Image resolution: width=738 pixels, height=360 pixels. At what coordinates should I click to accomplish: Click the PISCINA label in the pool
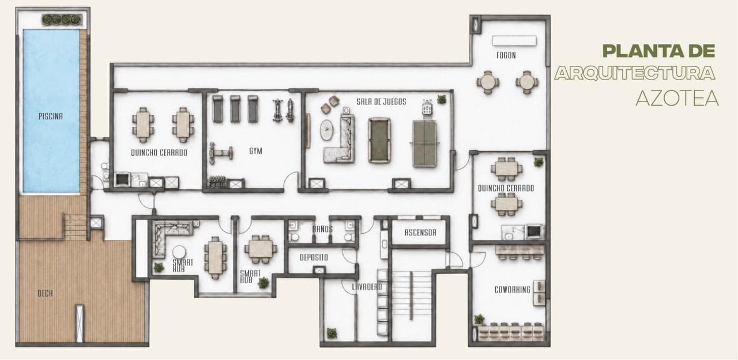pos(50,116)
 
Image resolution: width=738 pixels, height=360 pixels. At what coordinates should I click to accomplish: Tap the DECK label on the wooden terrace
pos(45,293)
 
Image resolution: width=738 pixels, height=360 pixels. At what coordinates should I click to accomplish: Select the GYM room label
pos(255,151)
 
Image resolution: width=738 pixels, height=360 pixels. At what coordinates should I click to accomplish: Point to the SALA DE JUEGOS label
pos(381,102)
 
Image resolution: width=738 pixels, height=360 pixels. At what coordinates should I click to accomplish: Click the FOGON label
pos(506,55)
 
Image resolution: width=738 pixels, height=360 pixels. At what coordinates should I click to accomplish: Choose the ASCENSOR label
pos(420,232)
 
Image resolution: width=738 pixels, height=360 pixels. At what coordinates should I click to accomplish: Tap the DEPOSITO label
pos(314,257)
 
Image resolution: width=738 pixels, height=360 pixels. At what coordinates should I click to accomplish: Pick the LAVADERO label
pos(367,287)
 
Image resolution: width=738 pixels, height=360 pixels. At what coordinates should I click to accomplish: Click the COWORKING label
pos(513,290)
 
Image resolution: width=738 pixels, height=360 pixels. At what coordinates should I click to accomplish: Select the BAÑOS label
pos(322,229)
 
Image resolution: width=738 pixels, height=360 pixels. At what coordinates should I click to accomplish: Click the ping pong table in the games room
pos(424,143)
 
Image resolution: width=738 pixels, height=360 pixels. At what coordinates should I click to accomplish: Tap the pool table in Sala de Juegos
pos(379,140)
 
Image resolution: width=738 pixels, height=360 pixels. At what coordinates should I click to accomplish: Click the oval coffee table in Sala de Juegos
pos(326,130)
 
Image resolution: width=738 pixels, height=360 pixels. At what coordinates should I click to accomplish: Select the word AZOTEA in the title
pos(677,98)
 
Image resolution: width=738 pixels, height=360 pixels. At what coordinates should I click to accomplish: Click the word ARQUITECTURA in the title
pos(635,73)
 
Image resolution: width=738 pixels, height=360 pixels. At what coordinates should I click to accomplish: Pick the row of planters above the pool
pos(62,20)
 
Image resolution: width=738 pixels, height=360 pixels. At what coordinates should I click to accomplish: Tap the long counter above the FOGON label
pos(514,41)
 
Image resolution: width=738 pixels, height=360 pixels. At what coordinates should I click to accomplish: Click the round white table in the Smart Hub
pos(179,253)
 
